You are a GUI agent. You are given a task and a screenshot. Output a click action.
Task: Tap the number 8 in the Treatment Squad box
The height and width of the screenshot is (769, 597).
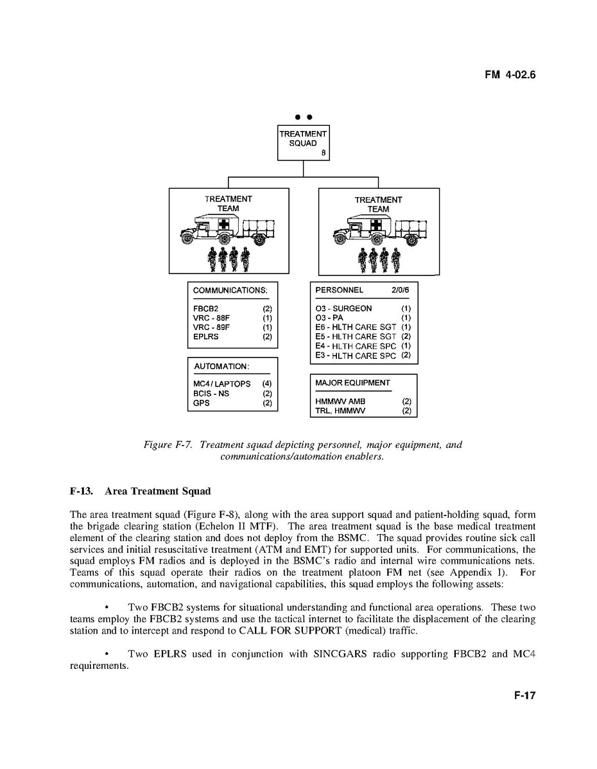[x=324, y=153]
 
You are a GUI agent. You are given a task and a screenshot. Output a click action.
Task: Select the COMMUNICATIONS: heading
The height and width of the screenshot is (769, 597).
[x=230, y=290]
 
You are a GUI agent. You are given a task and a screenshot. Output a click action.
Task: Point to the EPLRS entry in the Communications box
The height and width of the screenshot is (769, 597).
[x=206, y=336]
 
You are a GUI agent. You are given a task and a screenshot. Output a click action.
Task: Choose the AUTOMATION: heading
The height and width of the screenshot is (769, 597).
[x=221, y=367]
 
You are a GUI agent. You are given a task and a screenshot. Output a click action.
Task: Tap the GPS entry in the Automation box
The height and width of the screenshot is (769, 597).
[x=201, y=403]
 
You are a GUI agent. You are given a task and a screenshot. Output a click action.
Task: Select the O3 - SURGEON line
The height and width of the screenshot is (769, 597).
[x=343, y=309]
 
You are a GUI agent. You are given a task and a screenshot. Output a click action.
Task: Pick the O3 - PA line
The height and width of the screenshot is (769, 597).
[x=329, y=318]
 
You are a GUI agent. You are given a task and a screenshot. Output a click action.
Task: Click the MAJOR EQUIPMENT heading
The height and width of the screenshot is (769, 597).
[x=352, y=383]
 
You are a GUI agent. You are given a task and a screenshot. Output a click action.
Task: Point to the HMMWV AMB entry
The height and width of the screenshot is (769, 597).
[x=340, y=402]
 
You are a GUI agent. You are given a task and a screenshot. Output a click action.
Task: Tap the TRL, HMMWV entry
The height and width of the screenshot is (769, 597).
[x=340, y=411]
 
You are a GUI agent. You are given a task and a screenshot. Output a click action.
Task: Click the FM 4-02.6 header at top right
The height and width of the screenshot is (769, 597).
[x=510, y=75]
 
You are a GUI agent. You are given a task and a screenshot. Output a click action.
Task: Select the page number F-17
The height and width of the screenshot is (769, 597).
[x=524, y=696]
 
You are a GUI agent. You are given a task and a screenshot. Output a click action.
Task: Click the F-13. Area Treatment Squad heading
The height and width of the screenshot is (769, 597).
[x=140, y=492]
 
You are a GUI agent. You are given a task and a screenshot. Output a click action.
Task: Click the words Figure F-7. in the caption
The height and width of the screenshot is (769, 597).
[x=168, y=445]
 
